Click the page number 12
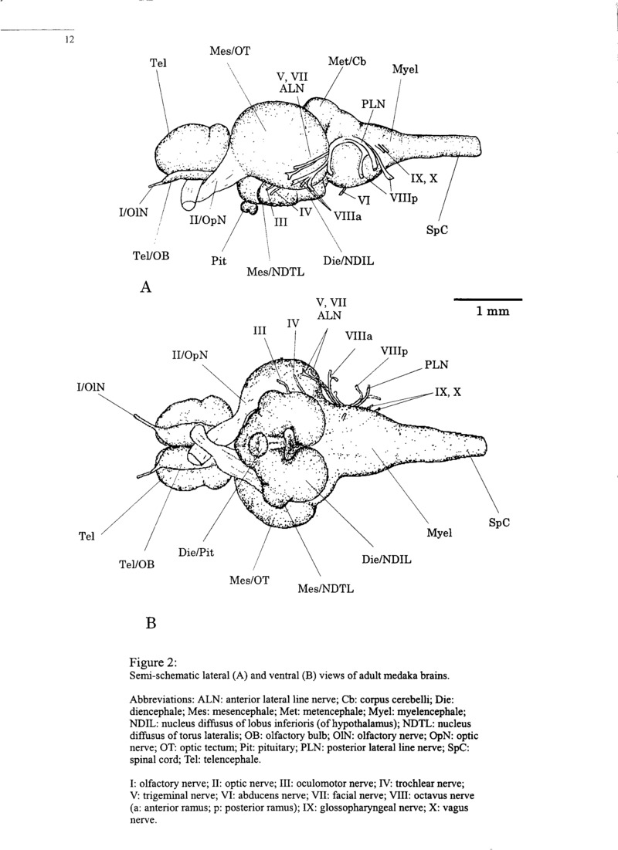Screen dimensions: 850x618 [69, 41]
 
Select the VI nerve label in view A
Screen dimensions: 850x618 [365, 200]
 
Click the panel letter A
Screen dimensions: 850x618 [144, 288]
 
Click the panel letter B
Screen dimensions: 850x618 [151, 621]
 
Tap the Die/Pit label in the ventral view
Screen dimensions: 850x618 [195, 553]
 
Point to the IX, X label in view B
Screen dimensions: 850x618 [447, 391]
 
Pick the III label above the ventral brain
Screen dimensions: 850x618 [259, 330]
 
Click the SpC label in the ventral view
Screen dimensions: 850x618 [500, 522]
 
